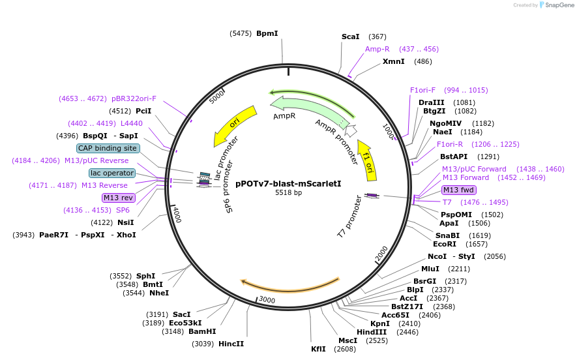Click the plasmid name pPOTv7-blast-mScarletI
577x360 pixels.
coord(288,183)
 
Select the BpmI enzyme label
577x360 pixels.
coord(267,33)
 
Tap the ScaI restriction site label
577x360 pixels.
coord(351,37)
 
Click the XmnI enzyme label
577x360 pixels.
coord(393,61)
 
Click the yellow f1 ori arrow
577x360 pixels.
coord(366,160)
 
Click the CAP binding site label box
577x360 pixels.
coord(108,148)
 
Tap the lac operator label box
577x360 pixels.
coord(113,173)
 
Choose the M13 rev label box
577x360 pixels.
coord(117,198)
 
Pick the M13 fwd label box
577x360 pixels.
coord(459,190)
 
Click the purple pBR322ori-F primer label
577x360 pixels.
coord(134,98)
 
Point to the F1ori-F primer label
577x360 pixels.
coord(422,90)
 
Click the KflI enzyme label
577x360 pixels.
coord(318,349)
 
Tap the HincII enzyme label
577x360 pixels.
coord(231,344)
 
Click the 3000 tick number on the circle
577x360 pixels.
coord(267,300)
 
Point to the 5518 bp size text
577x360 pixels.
coord(288,193)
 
